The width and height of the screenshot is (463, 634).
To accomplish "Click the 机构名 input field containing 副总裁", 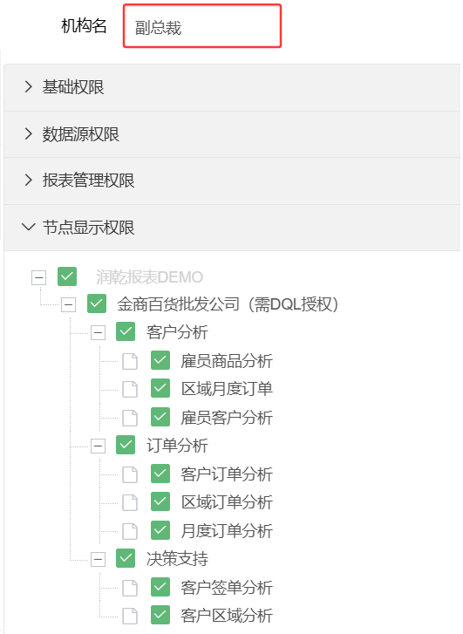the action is click(202, 26).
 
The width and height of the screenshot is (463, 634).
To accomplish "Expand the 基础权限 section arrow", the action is click(28, 86).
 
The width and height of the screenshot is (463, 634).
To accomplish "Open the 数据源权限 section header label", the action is click(81, 133).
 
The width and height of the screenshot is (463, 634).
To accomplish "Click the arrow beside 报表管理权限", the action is click(28, 180).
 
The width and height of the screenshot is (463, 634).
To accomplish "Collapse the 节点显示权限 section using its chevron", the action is click(28, 227).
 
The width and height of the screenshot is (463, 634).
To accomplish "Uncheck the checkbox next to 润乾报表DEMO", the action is click(67, 276).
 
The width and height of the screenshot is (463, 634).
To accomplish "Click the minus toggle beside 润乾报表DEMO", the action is click(39, 277).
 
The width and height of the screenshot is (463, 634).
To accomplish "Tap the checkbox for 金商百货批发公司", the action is click(97, 303).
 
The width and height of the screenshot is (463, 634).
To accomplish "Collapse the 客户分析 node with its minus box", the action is click(98, 333).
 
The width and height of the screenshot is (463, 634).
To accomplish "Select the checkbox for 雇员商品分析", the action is click(160, 360).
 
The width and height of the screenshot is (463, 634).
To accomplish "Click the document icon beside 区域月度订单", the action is click(130, 389).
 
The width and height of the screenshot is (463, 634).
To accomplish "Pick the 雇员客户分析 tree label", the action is click(227, 418).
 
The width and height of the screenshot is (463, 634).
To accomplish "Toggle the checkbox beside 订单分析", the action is click(126, 445).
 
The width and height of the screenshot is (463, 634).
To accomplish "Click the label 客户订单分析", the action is click(227, 474).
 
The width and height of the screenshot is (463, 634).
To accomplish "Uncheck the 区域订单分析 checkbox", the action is click(160, 501).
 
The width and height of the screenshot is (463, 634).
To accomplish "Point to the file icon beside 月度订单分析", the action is click(130, 531).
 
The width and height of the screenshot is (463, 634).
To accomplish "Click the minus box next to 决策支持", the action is click(98, 559).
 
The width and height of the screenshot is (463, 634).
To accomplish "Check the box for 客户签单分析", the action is click(160, 587).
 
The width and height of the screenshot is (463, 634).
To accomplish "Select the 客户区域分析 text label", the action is click(227, 616).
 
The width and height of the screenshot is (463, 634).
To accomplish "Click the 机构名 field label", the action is click(84, 25).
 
